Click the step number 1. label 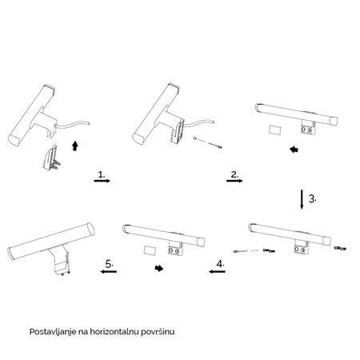[102, 174]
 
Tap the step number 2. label [234, 174]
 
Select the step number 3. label [313, 198]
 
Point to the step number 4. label [221, 264]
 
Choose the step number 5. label [110, 264]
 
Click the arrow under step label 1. [102, 181]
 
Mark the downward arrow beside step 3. [302, 199]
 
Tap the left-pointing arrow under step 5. [109, 271]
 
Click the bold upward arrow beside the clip [75, 146]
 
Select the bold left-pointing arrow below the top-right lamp [294, 150]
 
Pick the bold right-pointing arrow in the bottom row [159, 268]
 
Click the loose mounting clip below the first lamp [52, 158]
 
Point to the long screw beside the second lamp [215, 145]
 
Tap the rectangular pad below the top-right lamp [275, 130]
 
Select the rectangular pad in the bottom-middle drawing [150, 250]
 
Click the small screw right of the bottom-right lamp [340, 249]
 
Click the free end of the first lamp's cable [89, 123]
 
